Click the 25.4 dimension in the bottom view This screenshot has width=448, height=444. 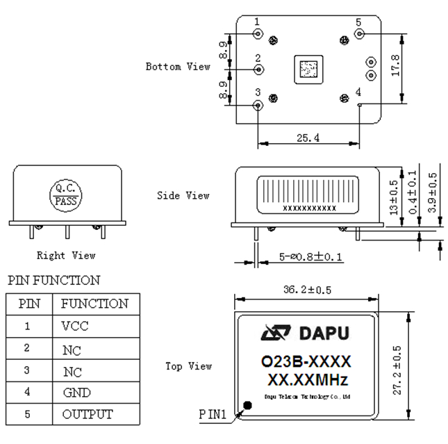(x=308, y=138)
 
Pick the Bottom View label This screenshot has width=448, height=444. (x=178, y=67)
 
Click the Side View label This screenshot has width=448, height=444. (x=183, y=196)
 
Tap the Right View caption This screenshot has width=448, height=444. (x=67, y=256)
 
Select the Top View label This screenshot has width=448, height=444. (x=188, y=365)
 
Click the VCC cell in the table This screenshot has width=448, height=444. (x=75, y=326)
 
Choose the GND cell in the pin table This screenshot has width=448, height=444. (x=76, y=393)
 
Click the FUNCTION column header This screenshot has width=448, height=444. (x=94, y=304)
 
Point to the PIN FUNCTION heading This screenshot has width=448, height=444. (x=53, y=281)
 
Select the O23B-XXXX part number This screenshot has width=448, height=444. (x=306, y=362)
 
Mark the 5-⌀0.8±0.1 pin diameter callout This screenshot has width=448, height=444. (x=311, y=256)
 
